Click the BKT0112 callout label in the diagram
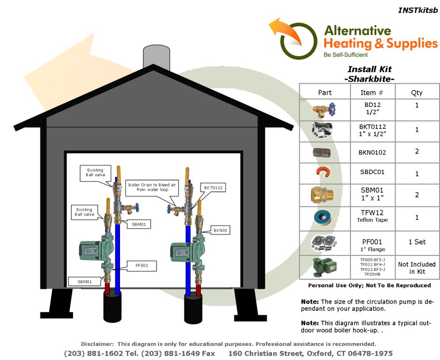tap(213, 187)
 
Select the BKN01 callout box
tap(220, 230)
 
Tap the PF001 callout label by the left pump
tap(142, 266)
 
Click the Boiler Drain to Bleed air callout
tap(152, 187)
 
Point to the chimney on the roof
tap(157, 57)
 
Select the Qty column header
tap(417, 92)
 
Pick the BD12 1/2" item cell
tap(373, 109)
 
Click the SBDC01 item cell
tap(373, 172)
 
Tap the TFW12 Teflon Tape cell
tap(373, 216)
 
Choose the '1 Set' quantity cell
tap(417, 242)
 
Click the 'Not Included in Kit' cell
tap(417, 268)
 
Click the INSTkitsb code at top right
tap(418, 10)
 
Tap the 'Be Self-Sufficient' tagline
tap(345, 55)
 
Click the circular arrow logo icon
tap(295, 39)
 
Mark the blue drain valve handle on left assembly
tap(137, 208)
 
